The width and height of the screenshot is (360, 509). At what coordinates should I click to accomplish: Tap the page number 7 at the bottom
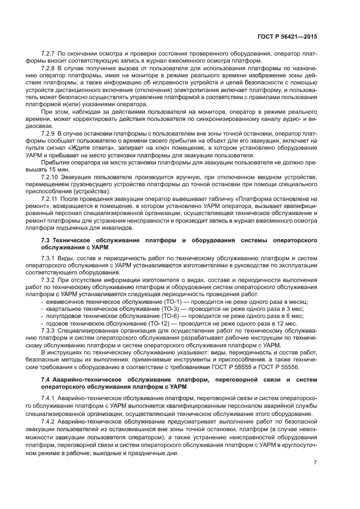coord(315,463)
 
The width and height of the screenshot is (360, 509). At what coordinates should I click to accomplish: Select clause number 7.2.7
coord(50,53)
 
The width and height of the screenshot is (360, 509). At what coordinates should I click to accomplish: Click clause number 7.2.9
coord(50,133)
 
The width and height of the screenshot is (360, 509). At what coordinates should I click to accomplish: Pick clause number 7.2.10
coord(51,177)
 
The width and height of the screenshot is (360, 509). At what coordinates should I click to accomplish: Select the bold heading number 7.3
coord(46,240)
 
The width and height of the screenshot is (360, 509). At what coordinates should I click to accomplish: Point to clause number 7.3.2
coord(50,279)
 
